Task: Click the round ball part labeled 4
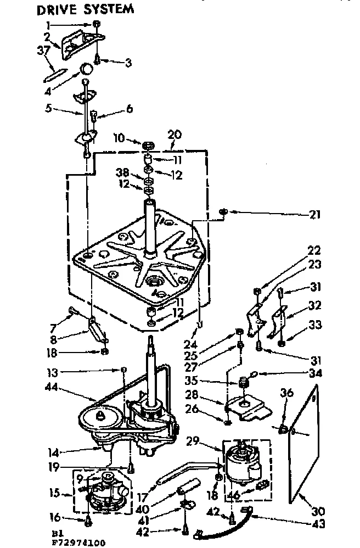(86, 69)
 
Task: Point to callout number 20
(174, 134)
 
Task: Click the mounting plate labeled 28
(247, 406)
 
